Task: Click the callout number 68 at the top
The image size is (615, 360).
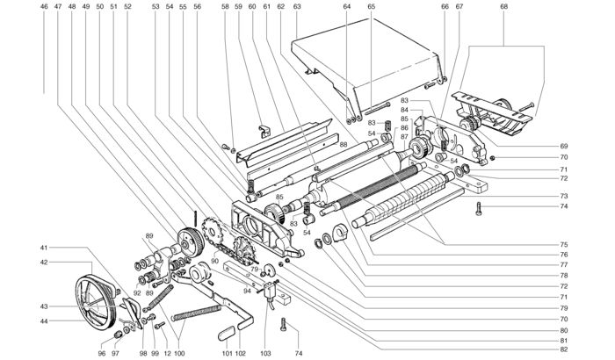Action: pos(504,6)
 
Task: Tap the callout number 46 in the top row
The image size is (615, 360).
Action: pos(44,6)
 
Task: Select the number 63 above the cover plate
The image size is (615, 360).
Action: pos(297,6)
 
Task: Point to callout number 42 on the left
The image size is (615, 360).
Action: pos(44,262)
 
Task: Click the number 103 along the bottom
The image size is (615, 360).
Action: pos(265,353)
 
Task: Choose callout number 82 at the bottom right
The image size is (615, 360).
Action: pos(564,349)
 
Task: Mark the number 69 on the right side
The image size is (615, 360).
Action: pos(564,147)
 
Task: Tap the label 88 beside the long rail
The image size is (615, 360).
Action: pos(344,144)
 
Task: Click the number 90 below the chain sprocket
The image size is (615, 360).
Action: pos(214,261)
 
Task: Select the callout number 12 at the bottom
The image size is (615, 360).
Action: pos(168,353)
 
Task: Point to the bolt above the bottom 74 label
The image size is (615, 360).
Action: pos(284,325)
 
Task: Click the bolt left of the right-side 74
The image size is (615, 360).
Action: pos(478,208)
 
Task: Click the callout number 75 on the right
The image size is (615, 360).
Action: pos(564,244)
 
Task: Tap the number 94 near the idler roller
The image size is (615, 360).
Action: pos(247,291)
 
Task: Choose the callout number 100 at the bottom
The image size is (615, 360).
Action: pos(179,353)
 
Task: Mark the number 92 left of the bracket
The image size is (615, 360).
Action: pos(137,292)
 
